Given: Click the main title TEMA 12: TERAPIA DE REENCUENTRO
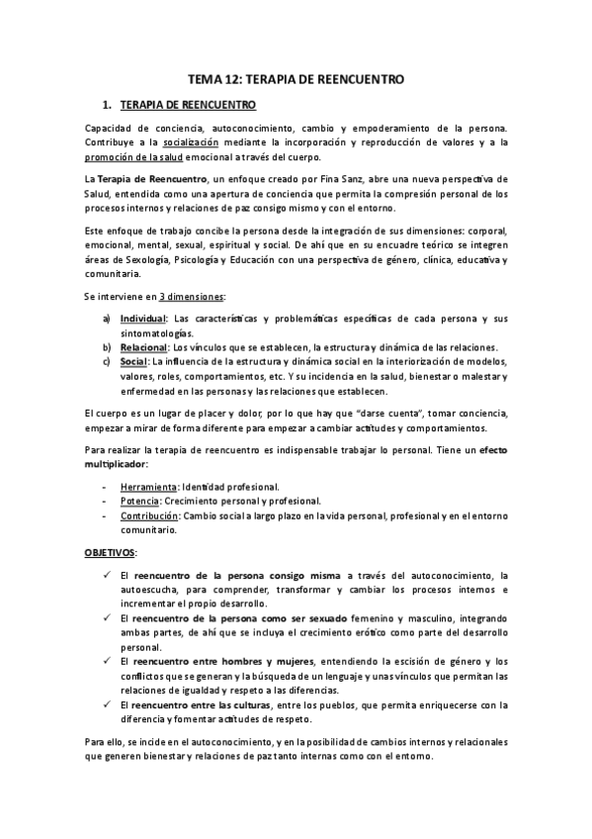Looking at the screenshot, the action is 296,79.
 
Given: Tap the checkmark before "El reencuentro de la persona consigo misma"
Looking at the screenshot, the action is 107,575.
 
